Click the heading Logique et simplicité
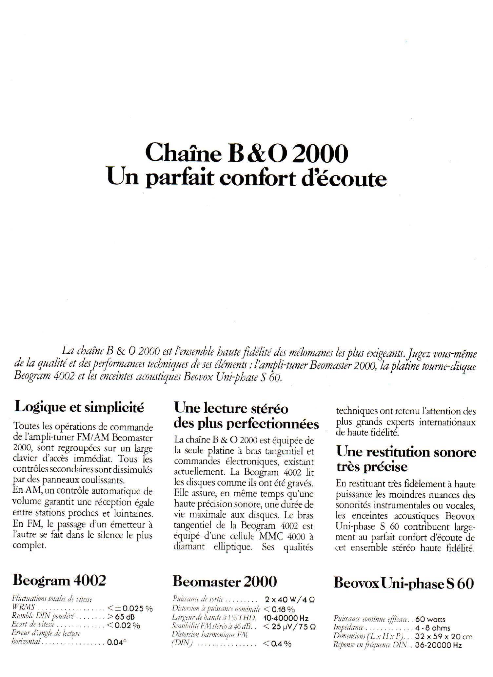click(80, 407)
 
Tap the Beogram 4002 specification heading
click(59, 581)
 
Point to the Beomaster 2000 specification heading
click(225, 582)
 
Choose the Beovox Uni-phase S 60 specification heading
click(404, 584)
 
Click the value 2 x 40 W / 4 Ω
click(290, 599)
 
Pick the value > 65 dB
click(121, 616)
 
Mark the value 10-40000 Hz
click(286, 618)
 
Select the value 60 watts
click(430, 619)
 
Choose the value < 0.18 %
click(279, 609)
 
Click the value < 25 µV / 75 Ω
click(289, 627)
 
